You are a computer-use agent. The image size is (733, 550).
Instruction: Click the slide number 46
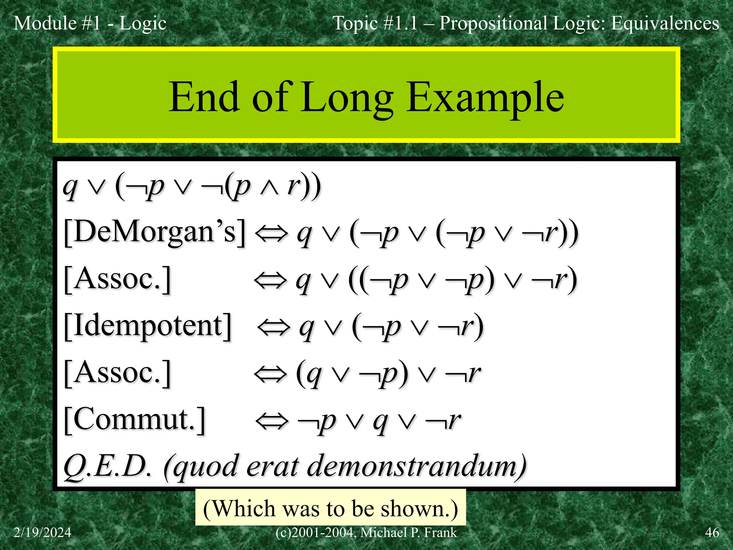click(x=712, y=532)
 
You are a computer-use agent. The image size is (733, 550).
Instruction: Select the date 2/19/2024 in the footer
click(x=42, y=532)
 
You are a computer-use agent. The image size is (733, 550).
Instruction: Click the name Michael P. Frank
click(x=408, y=532)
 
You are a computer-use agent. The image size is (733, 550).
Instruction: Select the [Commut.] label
click(x=135, y=420)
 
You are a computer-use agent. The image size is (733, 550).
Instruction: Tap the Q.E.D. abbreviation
click(x=107, y=467)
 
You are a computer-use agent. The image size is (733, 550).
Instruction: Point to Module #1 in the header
click(x=57, y=23)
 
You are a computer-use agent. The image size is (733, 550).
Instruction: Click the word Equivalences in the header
click(x=665, y=23)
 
